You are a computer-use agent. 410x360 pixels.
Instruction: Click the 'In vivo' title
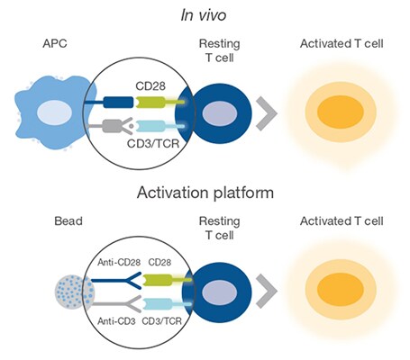204,15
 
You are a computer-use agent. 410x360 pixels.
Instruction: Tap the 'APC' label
55,43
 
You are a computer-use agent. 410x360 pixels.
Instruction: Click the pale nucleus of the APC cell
54,113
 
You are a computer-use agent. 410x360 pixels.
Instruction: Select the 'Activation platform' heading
205,193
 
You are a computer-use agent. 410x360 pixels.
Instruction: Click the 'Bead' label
68,221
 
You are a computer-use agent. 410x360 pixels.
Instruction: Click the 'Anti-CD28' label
119,263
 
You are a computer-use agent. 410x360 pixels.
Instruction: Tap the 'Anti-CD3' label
116,321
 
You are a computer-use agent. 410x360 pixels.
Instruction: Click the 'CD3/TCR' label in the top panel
153,143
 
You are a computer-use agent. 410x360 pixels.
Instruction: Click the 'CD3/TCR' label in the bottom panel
161,321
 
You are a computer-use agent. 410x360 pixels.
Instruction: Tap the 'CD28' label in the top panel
150,86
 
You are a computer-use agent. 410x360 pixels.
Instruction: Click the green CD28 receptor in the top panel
159,103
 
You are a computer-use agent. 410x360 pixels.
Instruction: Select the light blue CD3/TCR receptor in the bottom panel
167,304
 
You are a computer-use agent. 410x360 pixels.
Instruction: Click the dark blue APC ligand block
118,103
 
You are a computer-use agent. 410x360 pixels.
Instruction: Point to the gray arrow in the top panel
267,113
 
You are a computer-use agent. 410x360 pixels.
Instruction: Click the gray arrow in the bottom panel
267,291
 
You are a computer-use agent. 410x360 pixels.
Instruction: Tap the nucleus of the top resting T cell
220,113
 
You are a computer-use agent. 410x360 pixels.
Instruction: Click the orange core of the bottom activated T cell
341,289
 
